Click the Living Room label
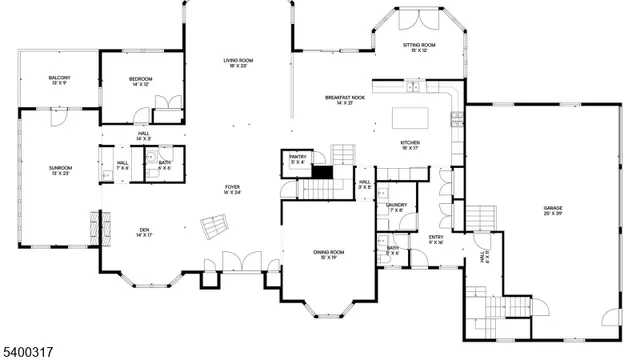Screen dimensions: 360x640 [238, 61]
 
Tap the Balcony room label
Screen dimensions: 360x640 [59, 78]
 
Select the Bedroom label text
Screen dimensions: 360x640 [140, 78]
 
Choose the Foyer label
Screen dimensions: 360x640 [232, 187]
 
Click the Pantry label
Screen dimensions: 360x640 [297, 157]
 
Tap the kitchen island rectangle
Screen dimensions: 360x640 [411, 118]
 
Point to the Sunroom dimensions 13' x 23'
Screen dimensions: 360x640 [60, 174]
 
